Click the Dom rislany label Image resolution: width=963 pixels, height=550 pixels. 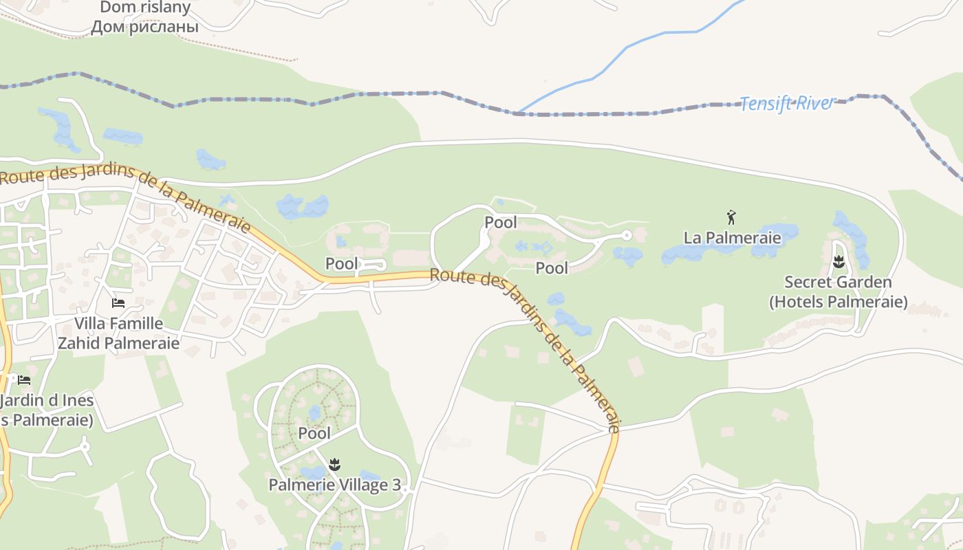144,8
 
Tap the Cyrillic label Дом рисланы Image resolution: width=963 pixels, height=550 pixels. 144,27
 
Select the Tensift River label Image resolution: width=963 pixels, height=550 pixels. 786,104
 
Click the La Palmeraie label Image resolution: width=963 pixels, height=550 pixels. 732,238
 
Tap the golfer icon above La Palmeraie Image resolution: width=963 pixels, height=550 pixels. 731,218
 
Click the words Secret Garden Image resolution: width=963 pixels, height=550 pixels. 838,282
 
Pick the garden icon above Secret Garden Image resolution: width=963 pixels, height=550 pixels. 838,262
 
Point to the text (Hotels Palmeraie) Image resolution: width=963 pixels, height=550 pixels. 838,302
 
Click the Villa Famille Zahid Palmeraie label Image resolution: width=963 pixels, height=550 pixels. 118,333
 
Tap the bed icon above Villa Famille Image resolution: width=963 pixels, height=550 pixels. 118,302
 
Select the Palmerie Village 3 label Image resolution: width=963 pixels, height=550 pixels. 334,485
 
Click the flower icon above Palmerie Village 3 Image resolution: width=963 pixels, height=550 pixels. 334,465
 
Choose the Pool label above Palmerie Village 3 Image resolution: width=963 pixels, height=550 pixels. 314,433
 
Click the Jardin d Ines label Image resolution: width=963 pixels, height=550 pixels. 47,400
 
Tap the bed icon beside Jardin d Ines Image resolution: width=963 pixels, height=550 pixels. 24,379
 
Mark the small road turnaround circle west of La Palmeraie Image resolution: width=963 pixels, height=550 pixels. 626,235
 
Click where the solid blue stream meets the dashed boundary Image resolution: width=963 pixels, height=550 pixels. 517,113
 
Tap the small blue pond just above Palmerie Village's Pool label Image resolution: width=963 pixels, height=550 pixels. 314,413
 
